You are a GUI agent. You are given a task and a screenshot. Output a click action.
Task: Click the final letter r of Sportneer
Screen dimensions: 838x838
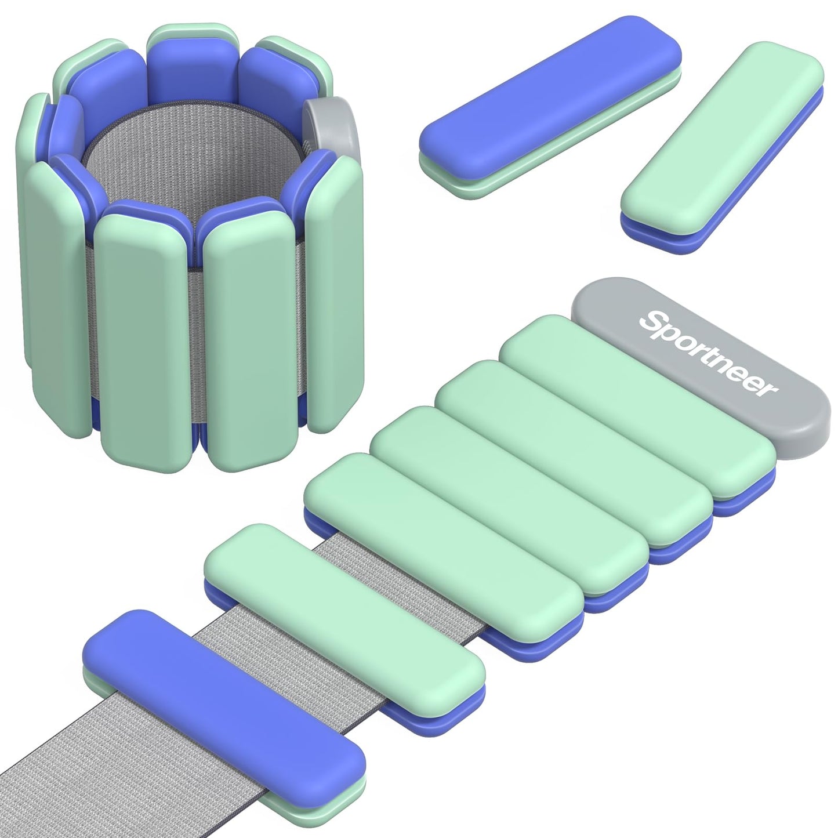(x=768, y=389)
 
